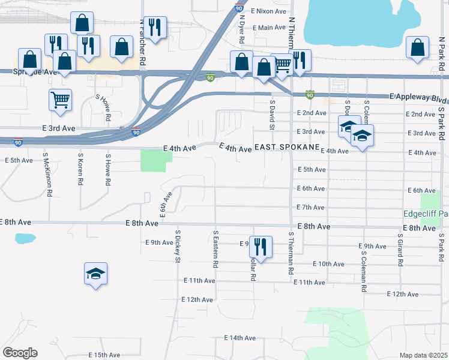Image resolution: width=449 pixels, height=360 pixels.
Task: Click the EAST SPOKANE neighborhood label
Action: (x=287, y=148)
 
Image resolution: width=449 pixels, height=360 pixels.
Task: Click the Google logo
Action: (x=20, y=353)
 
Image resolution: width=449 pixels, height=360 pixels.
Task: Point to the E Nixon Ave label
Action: (x=270, y=11)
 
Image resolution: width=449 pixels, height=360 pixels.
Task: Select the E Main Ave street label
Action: (x=269, y=28)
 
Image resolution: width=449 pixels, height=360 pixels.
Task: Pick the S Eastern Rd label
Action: (x=214, y=248)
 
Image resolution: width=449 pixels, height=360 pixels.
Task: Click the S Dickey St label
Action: (x=178, y=246)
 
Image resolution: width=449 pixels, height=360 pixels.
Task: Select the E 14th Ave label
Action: (x=240, y=338)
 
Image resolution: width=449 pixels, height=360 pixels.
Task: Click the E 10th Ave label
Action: (x=328, y=264)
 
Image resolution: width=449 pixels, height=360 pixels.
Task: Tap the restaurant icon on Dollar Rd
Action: (x=261, y=246)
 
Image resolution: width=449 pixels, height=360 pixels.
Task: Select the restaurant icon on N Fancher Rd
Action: (x=155, y=27)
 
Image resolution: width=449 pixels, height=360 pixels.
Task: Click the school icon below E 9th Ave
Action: (x=95, y=274)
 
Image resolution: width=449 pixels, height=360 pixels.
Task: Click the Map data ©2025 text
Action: (x=423, y=355)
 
